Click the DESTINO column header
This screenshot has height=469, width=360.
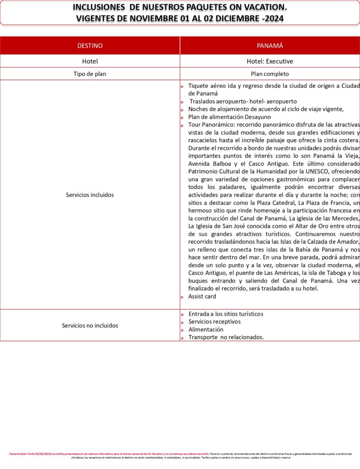pos(90,46)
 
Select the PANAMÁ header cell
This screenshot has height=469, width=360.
pos(270,46)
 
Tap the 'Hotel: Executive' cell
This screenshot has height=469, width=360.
pos(270,61)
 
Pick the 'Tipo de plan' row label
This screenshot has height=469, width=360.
pos(90,74)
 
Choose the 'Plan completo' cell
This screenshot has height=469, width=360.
pos(270,74)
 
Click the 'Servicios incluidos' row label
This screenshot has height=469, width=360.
pos(90,195)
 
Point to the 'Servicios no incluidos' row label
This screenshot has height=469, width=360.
pos(90,325)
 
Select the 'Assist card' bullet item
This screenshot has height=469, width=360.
pos(202,296)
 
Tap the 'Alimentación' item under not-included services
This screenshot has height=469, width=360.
pos(206,329)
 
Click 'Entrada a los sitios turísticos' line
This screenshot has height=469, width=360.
pos(226,314)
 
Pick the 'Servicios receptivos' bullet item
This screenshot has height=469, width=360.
pos(214,322)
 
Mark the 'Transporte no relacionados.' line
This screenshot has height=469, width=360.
pos(226,337)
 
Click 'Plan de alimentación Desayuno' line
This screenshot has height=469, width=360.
pos(227,117)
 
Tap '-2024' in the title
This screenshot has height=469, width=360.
pos(271,18)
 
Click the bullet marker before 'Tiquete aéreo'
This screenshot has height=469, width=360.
pos(182,86)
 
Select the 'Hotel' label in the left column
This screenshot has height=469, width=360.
pos(90,61)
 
